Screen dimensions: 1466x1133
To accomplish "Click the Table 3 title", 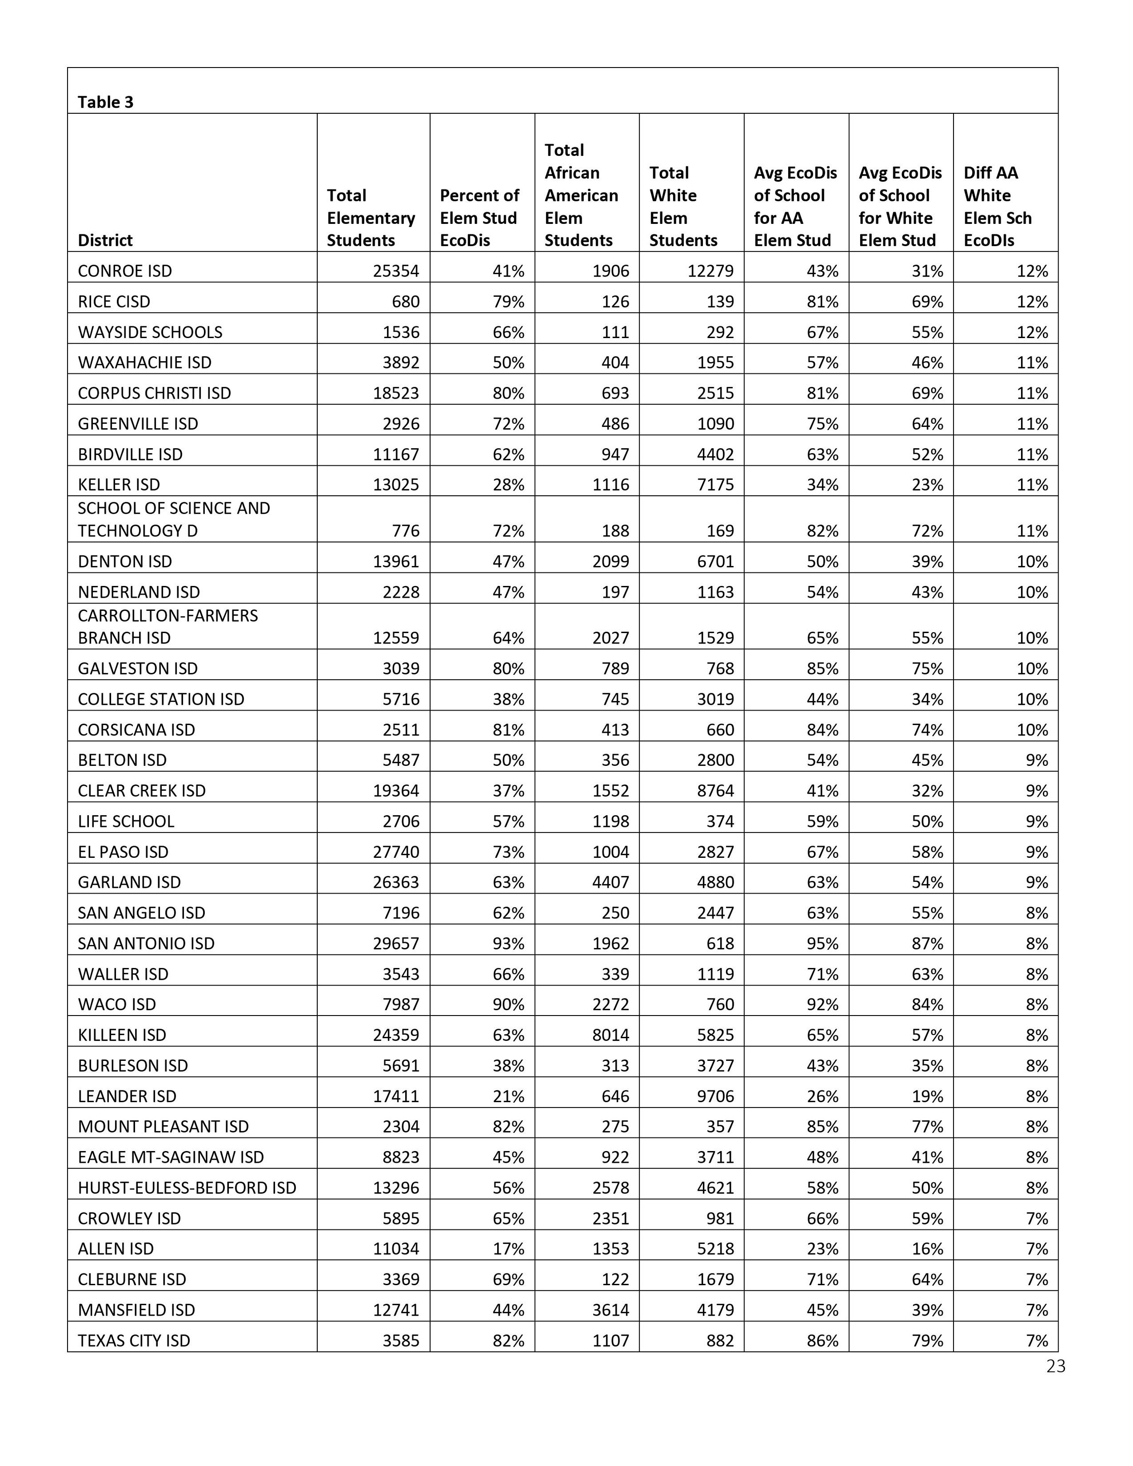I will [106, 102].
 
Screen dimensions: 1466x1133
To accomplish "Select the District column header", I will [106, 240].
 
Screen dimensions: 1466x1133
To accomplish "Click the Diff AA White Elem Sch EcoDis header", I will [997, 207].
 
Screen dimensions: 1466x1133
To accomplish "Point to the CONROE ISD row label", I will [125, 271].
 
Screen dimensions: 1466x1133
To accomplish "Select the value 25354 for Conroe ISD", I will [396, 271].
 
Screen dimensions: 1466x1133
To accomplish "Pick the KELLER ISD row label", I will [119, 484].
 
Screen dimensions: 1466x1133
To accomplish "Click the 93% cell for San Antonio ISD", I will [508, 944].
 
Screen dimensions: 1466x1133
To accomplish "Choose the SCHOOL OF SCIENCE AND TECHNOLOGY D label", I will [174, 519].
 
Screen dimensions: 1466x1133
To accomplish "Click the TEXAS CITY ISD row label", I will [134, 1340].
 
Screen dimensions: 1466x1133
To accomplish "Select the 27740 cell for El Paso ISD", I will [396, 852].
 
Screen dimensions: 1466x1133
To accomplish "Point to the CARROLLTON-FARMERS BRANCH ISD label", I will [168, 627].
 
